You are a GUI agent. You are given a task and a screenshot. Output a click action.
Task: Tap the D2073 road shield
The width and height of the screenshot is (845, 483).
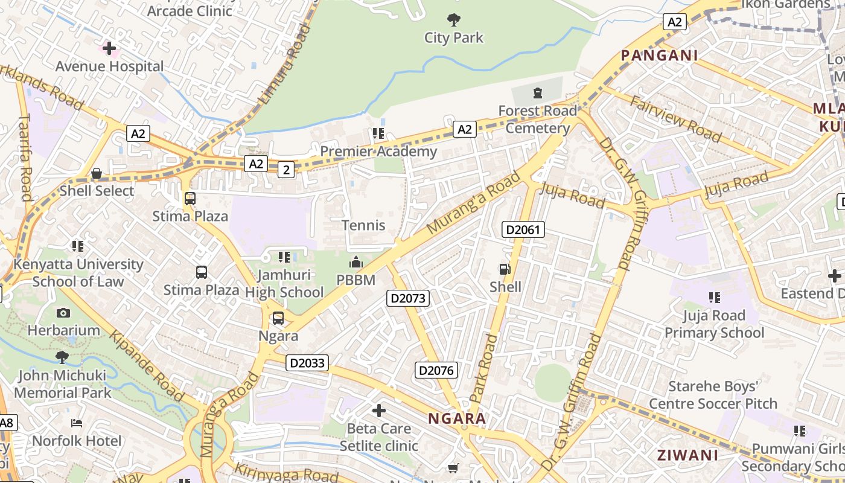point(409,298)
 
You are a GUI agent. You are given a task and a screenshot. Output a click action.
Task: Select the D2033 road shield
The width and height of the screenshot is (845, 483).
point(307,363)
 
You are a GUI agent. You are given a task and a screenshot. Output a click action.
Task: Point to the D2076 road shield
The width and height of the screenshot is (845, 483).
point(436,370)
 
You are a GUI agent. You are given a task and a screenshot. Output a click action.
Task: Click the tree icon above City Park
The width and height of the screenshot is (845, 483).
point(454,20)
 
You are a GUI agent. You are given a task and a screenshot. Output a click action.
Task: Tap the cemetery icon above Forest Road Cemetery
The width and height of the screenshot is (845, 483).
point(537,93)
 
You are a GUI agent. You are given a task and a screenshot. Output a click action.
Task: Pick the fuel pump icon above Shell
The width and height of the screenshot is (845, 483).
point(505,269)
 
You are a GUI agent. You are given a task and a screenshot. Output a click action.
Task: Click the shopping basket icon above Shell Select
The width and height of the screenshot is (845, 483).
point(97,174)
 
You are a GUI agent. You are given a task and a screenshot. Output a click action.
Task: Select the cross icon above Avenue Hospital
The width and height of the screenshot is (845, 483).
point(109,48)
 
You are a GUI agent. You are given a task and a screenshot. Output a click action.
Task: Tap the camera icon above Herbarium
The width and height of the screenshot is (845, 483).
point(63,313)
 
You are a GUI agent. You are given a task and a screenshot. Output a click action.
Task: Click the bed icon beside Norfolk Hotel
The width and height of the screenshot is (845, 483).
point(77,423)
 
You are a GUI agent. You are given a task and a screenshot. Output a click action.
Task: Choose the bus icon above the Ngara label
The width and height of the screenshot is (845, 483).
point(278,318)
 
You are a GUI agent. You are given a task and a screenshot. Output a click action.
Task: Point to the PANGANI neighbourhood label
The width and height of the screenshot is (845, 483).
point(659,56)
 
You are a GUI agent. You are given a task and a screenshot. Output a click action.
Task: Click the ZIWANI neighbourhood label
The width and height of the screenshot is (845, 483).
point(688,455)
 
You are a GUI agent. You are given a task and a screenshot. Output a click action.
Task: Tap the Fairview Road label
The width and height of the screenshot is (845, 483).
point(675,118)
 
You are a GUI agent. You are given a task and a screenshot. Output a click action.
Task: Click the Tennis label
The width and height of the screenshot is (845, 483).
point(363,225)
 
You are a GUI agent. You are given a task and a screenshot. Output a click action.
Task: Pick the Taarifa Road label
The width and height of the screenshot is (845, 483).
point(25,157)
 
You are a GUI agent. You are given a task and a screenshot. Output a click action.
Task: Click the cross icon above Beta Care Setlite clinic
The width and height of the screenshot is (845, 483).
point(379,411)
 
